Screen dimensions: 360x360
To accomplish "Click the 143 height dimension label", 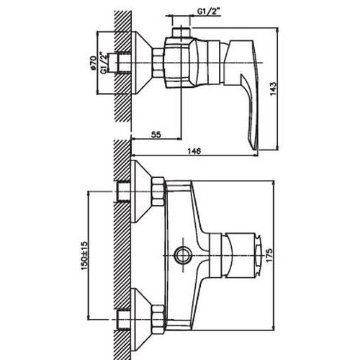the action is pyautogui.click(x=273, y=89).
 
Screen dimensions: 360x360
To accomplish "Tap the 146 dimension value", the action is pyautogui.click(x=194, y=151).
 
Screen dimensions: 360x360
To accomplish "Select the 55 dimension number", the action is pyautogui.click(x=156, y=135).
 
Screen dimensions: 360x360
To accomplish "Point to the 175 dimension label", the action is pyautogui.click(x=269, y=256).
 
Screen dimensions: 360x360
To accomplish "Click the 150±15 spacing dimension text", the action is pyautogui.click(x=84, y=256).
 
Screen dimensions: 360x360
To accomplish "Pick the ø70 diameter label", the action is pyautogui.click(x=93, y=63).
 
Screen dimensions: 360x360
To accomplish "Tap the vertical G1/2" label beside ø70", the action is pyautogui.click(x=103, y=63).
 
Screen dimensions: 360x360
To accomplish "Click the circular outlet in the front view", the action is pyautogui.click(x=183, y=255).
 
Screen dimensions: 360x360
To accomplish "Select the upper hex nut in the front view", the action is pyautogui.click(x=158, y=192).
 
